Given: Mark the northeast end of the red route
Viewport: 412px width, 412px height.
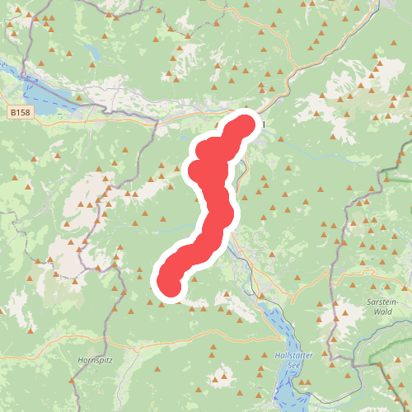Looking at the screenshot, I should [x=246, y=125].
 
